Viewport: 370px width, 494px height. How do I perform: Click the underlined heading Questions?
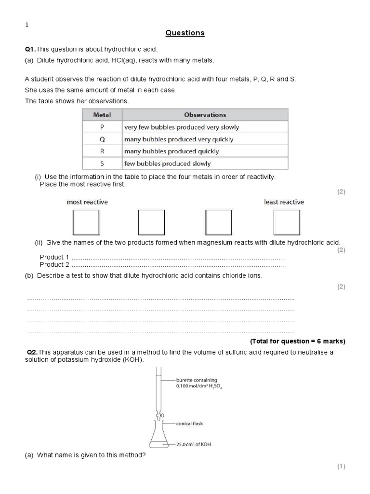pos(185,33)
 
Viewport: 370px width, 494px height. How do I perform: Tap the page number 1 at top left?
pos(26,26)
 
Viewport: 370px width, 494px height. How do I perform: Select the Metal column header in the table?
pos(102,115)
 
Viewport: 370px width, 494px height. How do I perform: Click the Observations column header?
pos(205,115)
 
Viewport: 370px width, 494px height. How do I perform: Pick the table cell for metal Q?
pos(102,139)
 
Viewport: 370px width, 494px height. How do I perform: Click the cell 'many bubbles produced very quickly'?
pos(178,139)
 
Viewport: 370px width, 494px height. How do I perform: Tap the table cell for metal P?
pos(102,127)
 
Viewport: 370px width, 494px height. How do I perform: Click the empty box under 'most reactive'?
pos(86,222)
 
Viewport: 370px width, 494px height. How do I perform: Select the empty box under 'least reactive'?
pos(287,222)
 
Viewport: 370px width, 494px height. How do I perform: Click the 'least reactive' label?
pos(284,202)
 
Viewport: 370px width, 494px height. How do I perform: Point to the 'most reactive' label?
pos(87,202)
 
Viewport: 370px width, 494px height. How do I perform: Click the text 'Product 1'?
pos(54,257)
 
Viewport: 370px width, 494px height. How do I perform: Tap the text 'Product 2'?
pos(54,264)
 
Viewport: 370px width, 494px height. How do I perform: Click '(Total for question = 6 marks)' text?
pos(297,341)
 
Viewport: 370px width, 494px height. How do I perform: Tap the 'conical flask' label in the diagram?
pos(189,424)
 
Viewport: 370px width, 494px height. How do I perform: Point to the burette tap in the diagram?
pos(159,415)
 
